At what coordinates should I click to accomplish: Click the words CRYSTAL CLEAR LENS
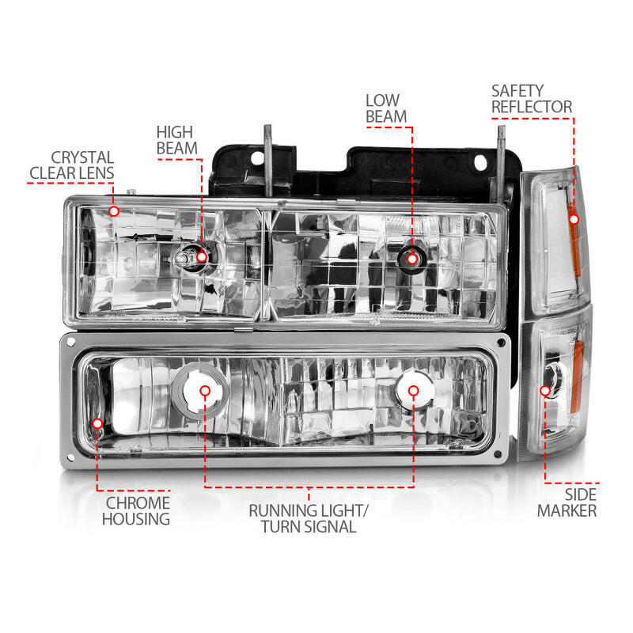click(x=71, y=165)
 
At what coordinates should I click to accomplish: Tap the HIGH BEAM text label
click(x=175, y=140)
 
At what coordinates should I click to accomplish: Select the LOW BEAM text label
click(x=386, y=108)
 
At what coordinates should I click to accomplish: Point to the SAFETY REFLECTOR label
click(x=531, y=99)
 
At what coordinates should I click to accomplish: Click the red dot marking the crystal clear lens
click(x=114, y=211)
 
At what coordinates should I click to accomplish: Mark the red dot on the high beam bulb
click(x=202, y=256)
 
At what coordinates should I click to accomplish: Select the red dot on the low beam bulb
click(x=411, y=256)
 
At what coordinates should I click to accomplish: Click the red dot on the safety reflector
click(x=574, y=218)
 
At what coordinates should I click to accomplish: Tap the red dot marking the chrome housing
click(x=97, y=424)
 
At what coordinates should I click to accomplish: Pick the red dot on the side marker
click(x=545, y=390)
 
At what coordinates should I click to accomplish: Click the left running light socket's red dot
click(x=204, y=390)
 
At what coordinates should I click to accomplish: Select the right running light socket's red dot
click(x=412, y=390)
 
